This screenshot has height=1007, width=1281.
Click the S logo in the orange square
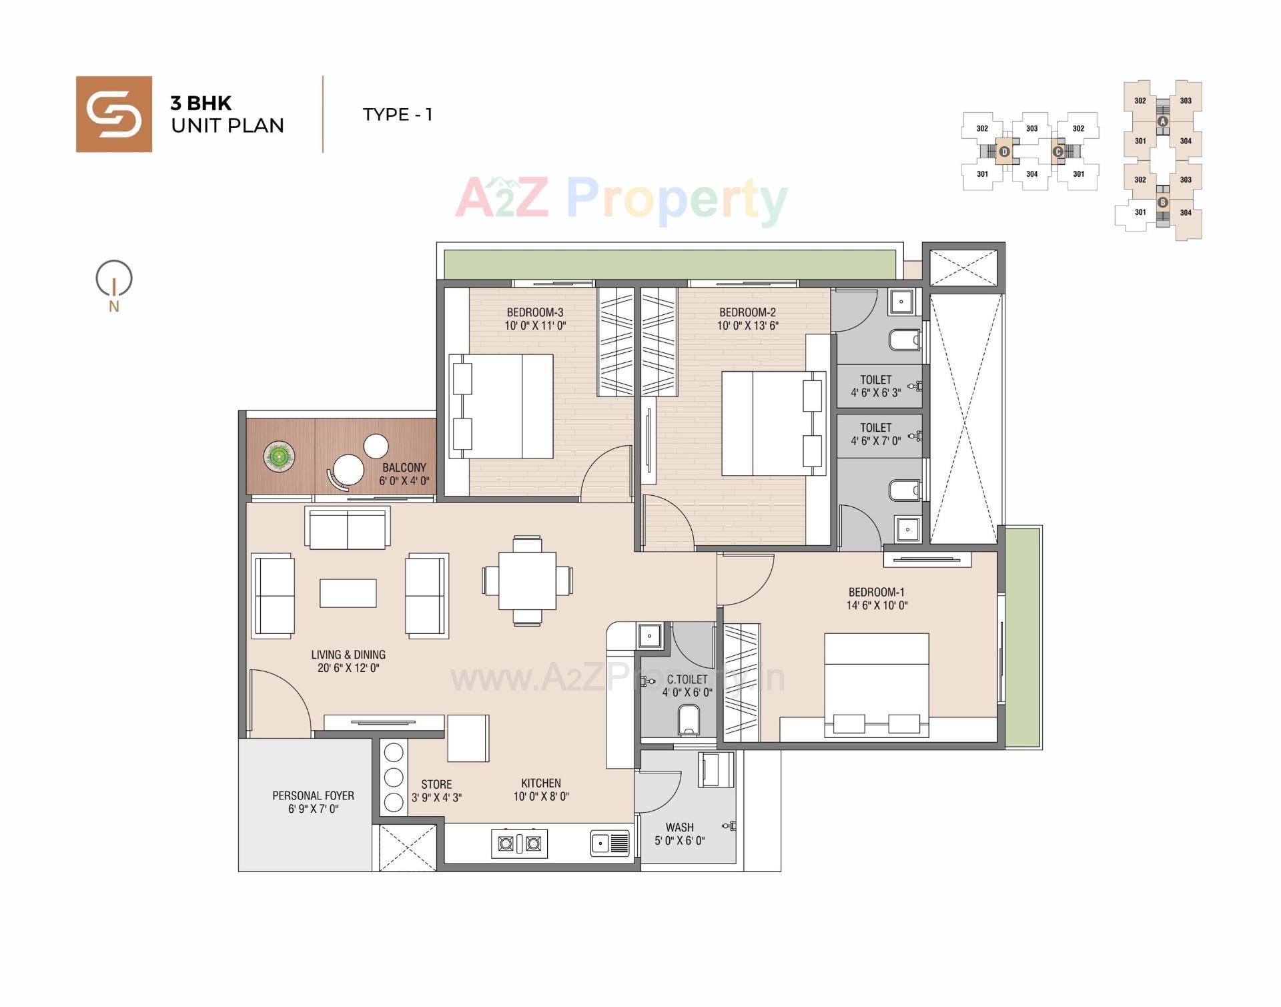pyautogui.click(x=113, y=114)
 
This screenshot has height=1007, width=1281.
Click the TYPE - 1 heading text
pyautogui.click(x=398, y=115)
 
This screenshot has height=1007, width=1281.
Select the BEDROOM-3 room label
pyautogui.click(x=534, y=312)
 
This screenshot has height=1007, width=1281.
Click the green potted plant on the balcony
pyautogui.click(x=279, y=457)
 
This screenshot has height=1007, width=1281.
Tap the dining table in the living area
pyautogui.click(x=527, y=580)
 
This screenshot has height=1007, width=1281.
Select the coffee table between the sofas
pyautogui.click(x=348, y=593)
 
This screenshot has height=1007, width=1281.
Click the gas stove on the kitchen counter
pyautogui.click(x=519, y=844)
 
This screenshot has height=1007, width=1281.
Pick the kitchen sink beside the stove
pyautogui.click(x=610, y=844)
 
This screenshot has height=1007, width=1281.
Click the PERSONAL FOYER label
pyautogui.click(x=313, y=795)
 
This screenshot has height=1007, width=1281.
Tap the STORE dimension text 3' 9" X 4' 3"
pyautogui.click(x=436, y=797)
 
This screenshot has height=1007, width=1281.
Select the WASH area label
pyautogui.click(x=679, y=827)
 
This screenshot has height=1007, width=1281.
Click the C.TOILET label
pyautogui.click(x=687, y=679)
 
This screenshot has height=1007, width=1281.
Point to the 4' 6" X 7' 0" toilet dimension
pyautogui.click(x=875, y=441)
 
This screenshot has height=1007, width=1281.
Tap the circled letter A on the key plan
pyautogui.click(x=1163, y=121)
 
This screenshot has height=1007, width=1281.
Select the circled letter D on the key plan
pyautogui.click(x=1004, y=152)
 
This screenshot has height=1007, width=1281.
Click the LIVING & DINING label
pyautogui.click(x=348, y=655)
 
